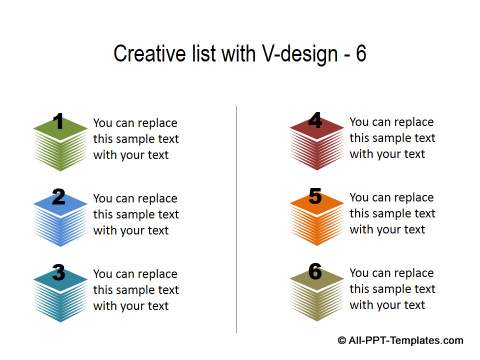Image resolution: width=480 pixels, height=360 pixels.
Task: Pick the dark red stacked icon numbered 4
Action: pyautogui.click(x=315, y=141)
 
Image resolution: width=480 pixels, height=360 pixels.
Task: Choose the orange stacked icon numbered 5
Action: pyautogui.click(x=315, y=216)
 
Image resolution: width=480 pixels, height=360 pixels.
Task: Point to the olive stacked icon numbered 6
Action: pyautogui.click(x=315, y=291)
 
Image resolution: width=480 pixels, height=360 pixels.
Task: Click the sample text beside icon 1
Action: pyautogui.click(x=136, y=139)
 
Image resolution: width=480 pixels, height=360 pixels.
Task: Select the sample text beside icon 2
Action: pyautogui.click(x=136, y=214)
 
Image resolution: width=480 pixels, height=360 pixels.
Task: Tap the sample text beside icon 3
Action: pyautogui.click(x=136, y=290)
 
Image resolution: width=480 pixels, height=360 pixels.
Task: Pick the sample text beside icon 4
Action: pyautogui.click(x=392, y=138)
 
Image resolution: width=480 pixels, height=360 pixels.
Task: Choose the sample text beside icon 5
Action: pyautogui.click(x=392, y=213)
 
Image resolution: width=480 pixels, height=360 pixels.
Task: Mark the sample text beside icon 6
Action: pyautogui.click(x=392, y=289)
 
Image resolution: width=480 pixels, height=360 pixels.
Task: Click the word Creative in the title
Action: pyautogui.click(x=145, y=54)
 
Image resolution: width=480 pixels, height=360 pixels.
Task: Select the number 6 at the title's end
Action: pyautogui.click(x=360, y=54)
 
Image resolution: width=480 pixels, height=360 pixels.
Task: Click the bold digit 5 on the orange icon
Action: pyautogui.click(x=315, y=197)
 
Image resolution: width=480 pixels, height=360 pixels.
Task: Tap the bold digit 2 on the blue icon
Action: pyautogui.click(x=59, y=198)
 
